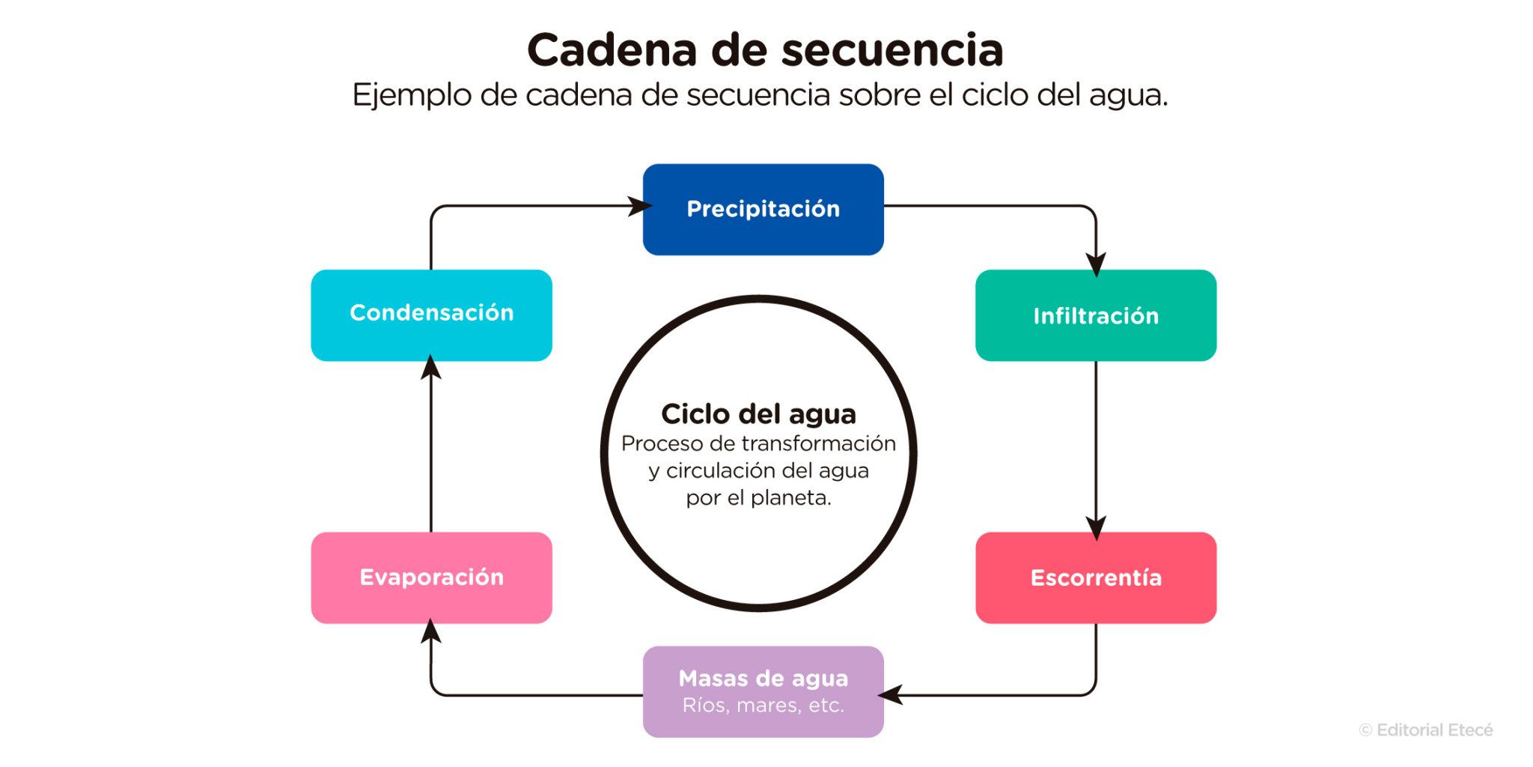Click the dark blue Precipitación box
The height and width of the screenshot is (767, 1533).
coord(763,209)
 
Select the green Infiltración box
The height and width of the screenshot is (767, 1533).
coord(1095,315)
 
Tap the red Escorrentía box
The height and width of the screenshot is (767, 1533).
coord(1095,577)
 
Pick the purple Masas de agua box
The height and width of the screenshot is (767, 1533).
coord(763,691)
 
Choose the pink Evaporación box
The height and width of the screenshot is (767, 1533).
coord(431,577)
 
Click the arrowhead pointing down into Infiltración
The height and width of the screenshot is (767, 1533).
coord(1096,264)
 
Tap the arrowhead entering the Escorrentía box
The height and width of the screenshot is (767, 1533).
coord(1096,527)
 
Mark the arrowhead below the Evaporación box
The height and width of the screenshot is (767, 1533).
coord(430,632)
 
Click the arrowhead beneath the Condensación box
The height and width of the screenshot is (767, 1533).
coord(430,368)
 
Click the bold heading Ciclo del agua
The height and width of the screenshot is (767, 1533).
coord(758,414)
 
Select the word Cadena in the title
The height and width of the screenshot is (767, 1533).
coord(612,51)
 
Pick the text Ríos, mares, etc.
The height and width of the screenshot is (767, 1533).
coord(763,706)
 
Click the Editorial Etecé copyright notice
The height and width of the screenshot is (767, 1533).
coord(1425,730)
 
